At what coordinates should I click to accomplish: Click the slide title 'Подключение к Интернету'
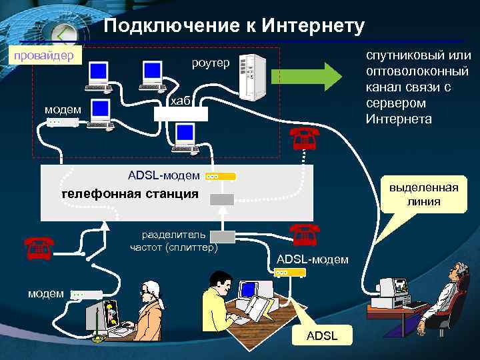tap(235, 26)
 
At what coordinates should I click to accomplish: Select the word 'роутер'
tap(210, 63)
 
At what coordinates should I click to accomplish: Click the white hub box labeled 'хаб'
tap(181, 113)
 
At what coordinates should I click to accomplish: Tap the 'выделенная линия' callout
tap(424, 194)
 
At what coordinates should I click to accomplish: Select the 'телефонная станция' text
tap(129, 194)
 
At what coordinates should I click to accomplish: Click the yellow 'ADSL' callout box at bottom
tap(321, 336)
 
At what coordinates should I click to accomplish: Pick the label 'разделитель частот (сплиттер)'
tap(174, 241)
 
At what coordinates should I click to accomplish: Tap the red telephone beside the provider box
tap(304, 138)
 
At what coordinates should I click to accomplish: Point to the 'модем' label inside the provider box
tap(63, 109)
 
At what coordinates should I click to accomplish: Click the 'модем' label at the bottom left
tap(45, 293)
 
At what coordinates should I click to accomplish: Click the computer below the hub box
tap(184, 138)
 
